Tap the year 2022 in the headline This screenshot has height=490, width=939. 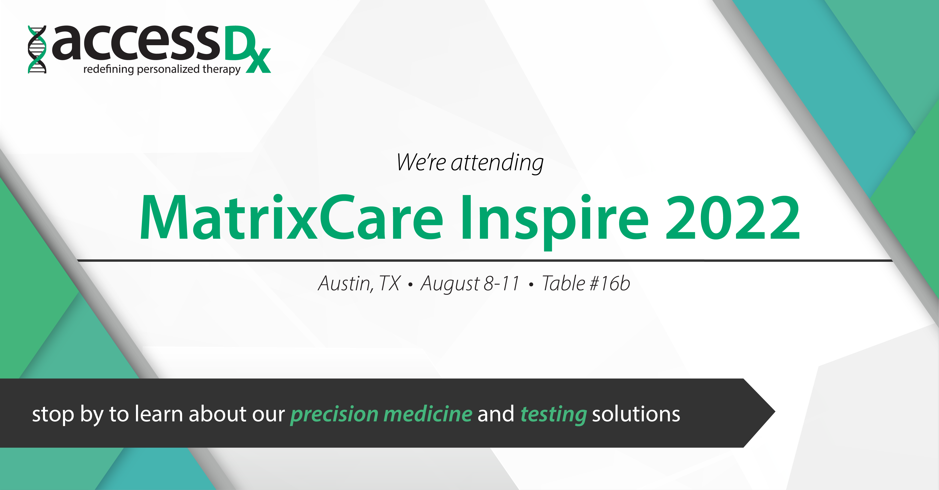tap(733, 218)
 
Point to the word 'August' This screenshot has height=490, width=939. tap(450, 284)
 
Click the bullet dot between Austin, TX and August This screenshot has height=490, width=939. tap(411, 285)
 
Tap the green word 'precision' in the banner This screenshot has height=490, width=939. tap(334, 415)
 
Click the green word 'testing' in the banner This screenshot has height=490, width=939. tap(554, 415)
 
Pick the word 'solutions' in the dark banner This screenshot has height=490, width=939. tap(636, 414)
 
